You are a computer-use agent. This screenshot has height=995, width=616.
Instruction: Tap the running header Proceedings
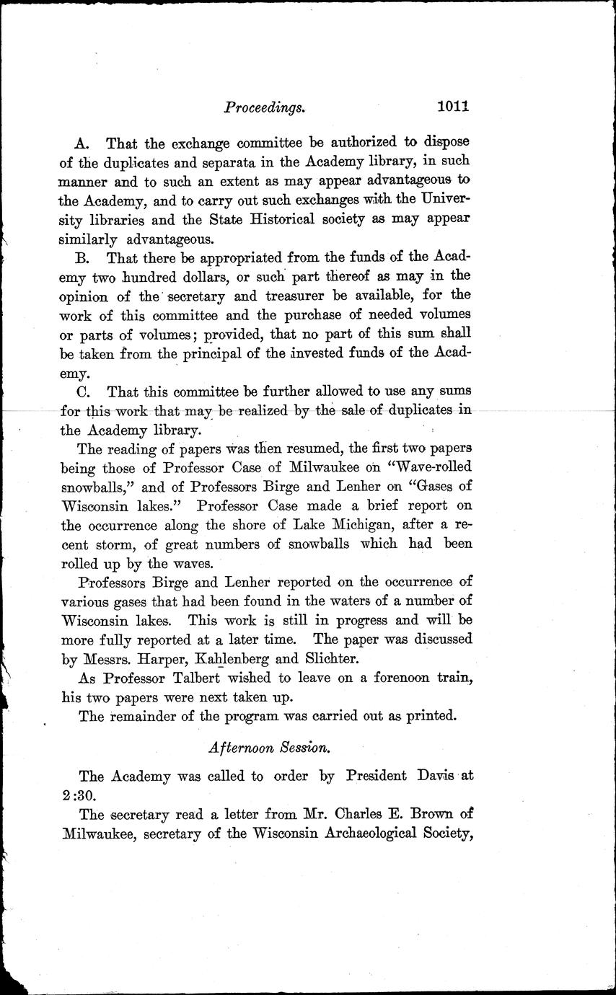point(266,108)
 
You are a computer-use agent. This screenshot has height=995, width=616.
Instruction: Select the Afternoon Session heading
point(270,748)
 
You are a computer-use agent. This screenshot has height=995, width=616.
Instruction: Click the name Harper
point(162,658)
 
